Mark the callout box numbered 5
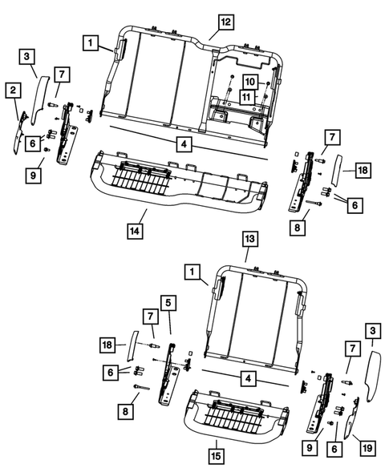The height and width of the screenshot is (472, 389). [x=168, y=303]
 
